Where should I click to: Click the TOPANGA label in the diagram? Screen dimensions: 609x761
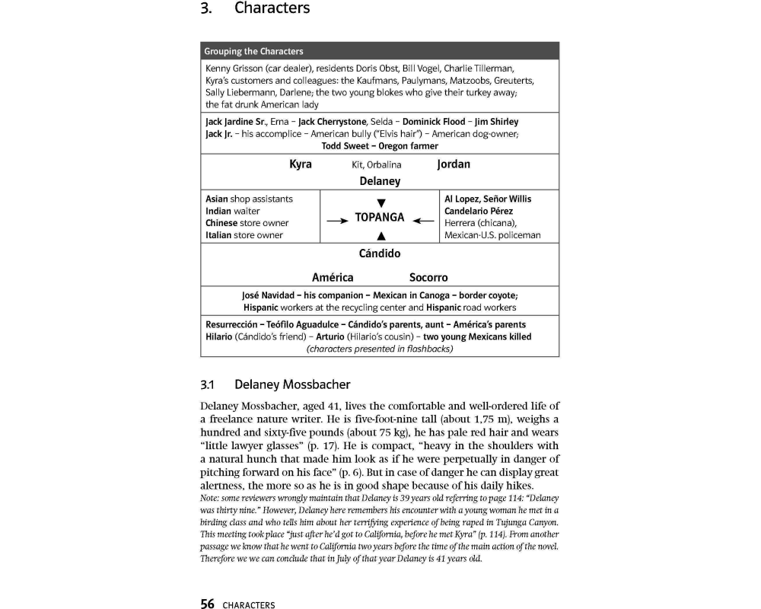380,217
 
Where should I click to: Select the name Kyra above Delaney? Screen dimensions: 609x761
301,164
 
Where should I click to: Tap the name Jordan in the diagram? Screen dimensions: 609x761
454,164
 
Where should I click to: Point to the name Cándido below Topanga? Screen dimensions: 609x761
380,253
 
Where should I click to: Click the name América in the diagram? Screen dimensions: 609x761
333,278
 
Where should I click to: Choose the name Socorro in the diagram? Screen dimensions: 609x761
428,278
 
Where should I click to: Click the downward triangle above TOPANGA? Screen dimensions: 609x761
380,202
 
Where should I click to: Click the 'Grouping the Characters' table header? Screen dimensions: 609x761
253,52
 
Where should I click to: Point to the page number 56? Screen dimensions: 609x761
207,604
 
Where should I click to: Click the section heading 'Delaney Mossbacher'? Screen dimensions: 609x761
292,384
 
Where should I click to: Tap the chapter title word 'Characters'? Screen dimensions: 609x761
272,8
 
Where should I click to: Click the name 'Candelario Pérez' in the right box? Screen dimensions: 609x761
478,211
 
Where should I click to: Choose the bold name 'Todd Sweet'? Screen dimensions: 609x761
345,146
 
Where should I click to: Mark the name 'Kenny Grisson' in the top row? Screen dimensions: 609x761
232,69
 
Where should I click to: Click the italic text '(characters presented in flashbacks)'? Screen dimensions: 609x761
379,349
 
